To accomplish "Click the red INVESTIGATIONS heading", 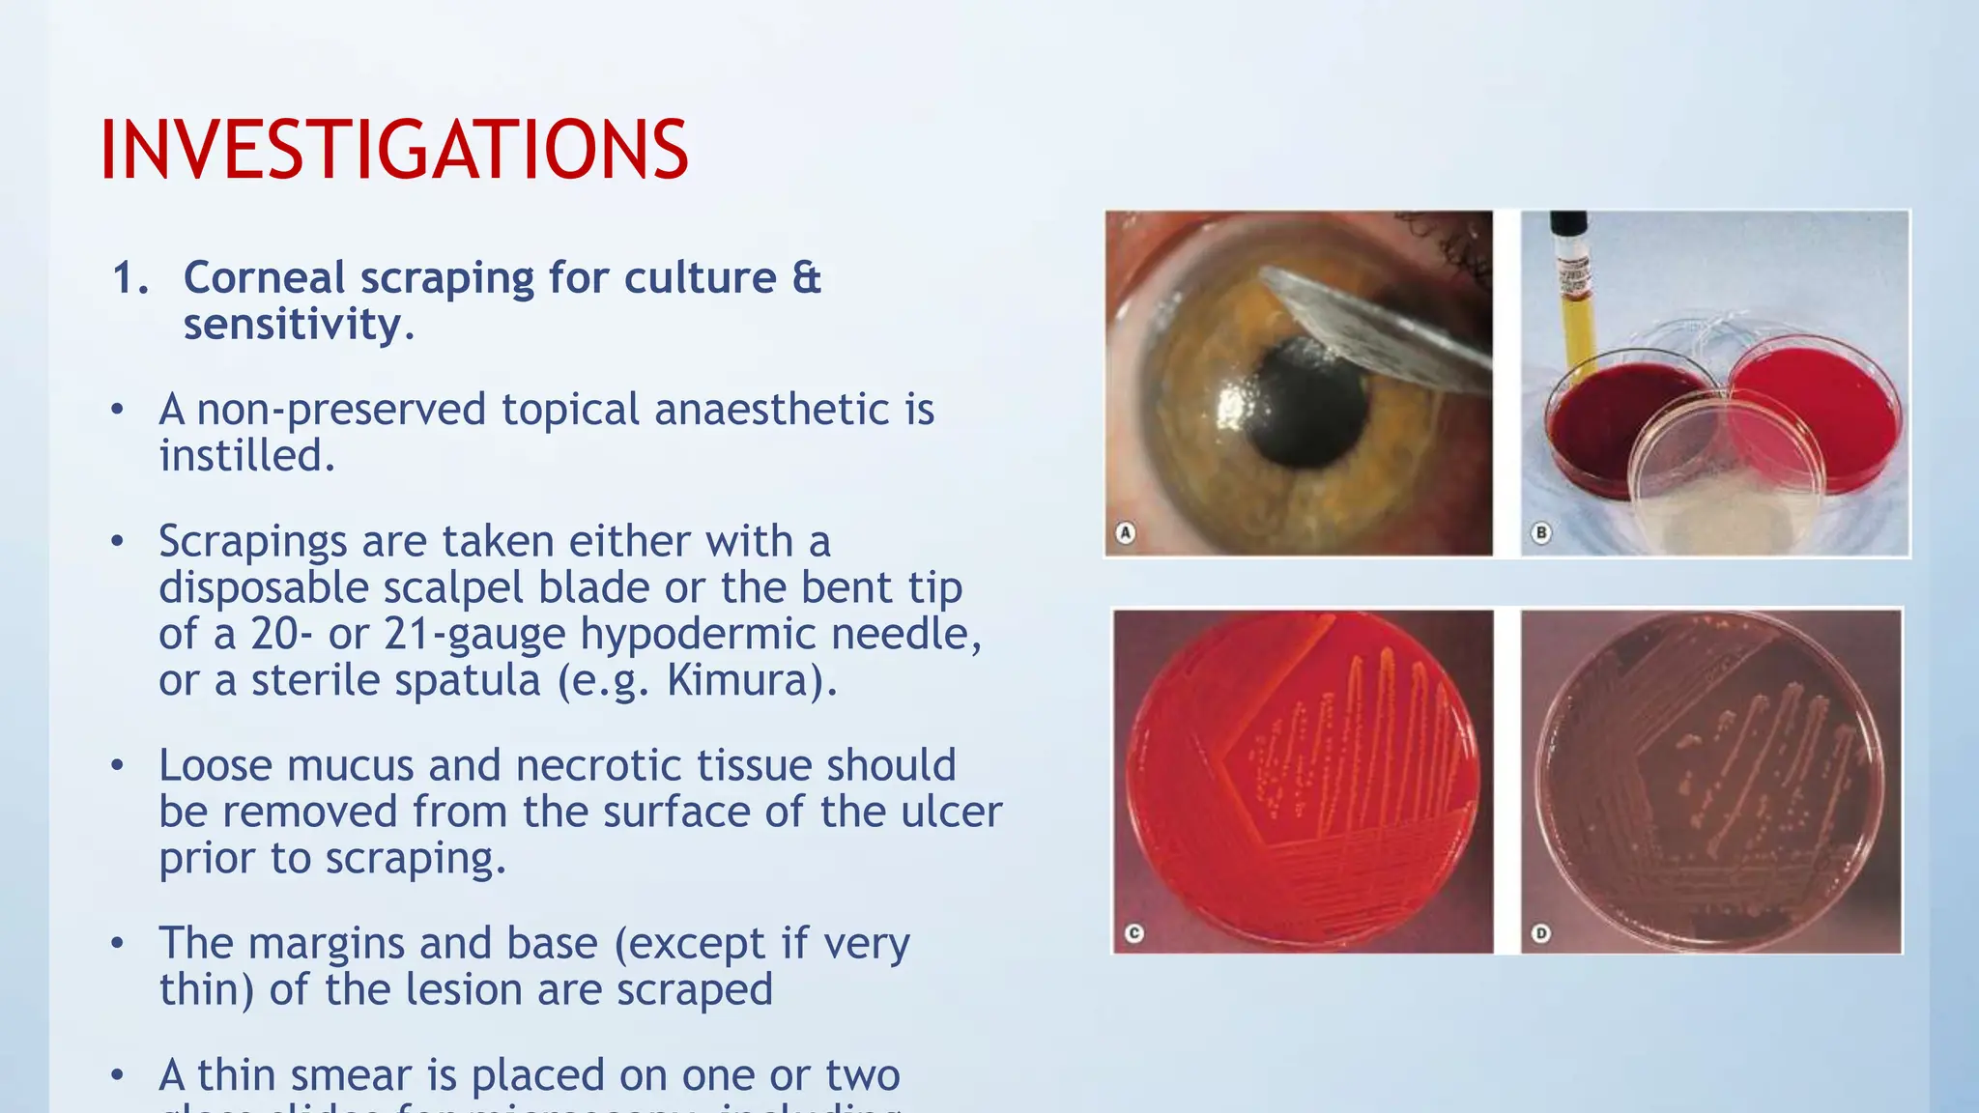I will click(x=394, y=150).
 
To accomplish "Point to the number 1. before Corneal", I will click(x=130, y=278).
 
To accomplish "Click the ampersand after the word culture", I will click(x=807, y=278).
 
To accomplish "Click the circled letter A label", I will click(x=1125, y=532).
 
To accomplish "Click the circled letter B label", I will click(x=1541, y=532).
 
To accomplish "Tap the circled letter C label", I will click(x=1134, y=933).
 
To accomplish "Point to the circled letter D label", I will click(x=1541, y=933).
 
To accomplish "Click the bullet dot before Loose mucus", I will click(x=117, y=766).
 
